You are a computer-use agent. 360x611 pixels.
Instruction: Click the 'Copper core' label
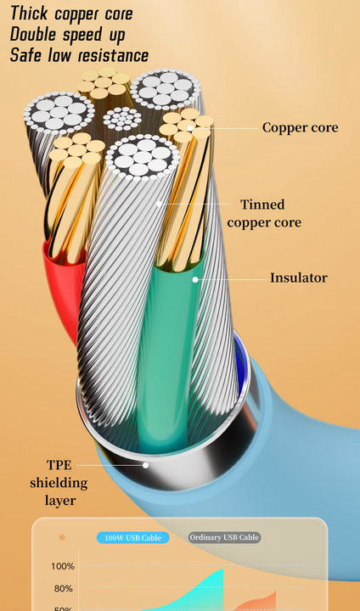[x=300, y=127]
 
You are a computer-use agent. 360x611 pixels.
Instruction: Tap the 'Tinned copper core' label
[x=264, y=214]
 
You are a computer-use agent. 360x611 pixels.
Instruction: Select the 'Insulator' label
[x=299, y=277]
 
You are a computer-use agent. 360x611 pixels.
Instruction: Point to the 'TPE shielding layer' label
[x=59, y=482]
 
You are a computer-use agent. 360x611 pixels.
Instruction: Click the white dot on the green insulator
[x=195, y=279]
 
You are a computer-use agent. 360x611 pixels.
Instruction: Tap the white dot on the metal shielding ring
[x=145, y=465]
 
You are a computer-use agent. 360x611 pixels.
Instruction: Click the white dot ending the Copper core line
[x=190, y=128]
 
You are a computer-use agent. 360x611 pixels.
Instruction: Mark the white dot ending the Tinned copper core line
[x=159, y=204]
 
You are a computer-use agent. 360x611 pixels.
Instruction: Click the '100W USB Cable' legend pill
[x=133, y=538]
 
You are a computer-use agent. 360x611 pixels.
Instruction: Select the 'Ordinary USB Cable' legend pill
[x=225, y=538]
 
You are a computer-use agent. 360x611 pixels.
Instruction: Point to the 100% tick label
[x=62, y=566]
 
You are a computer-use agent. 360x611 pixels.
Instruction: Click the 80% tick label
[x=64, y=588]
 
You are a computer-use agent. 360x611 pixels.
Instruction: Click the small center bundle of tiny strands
[x=122, y=120]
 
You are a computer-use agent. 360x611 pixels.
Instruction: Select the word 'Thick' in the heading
[x=30, y=14]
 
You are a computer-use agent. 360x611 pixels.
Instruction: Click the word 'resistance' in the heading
[x=113, y=55]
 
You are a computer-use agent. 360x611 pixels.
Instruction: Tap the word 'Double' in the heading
[x=34, y=34]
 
